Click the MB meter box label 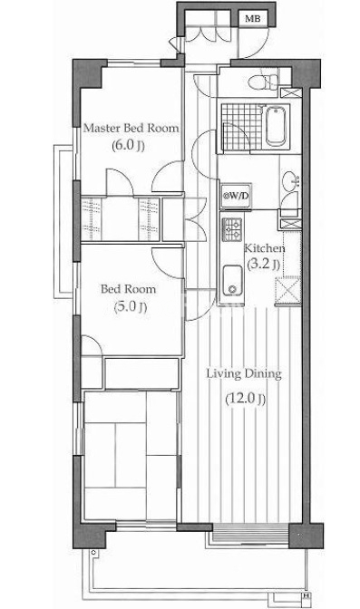[253, 18]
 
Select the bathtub [277, 126]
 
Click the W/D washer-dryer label [237, 196]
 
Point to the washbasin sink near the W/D [290, 179]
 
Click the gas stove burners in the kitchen [232, 229]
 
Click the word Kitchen [265, 248]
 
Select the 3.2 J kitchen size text [264, 265]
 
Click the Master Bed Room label [131, 128]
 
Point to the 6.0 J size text [128, 146]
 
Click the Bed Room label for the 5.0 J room [128, 289]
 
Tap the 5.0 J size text [130, 307]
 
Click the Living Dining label [244, 374]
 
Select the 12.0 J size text [246, 399]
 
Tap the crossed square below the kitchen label [287, 290]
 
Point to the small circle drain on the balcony [92, 552]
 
